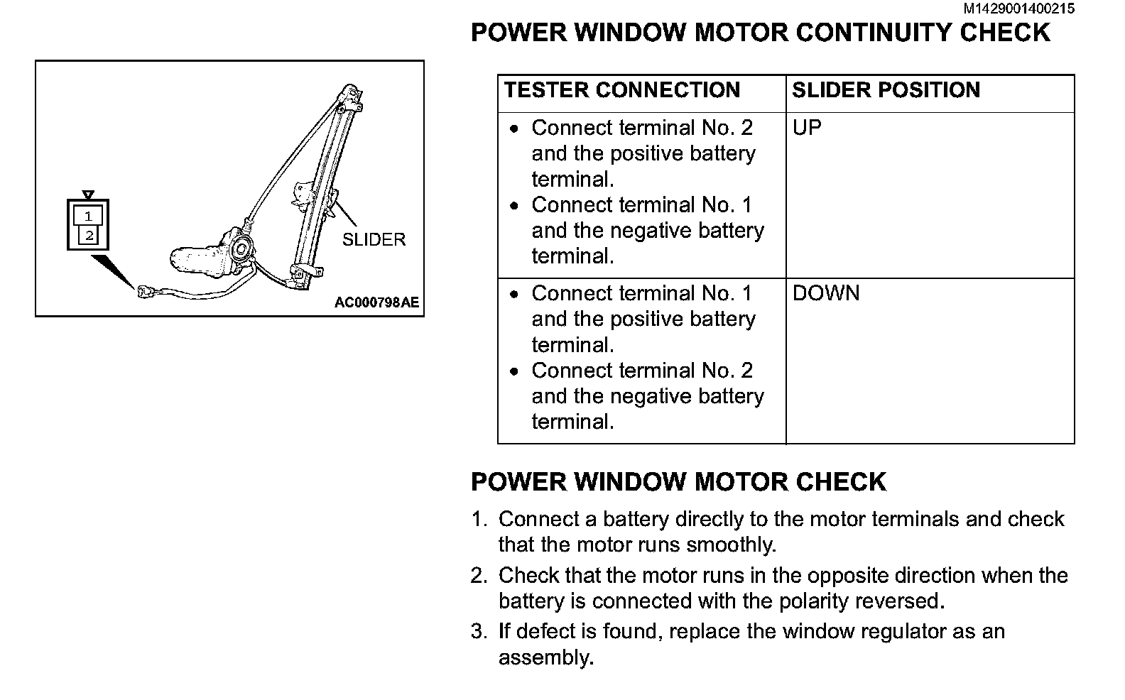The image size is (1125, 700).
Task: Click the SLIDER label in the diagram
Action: (374, 240)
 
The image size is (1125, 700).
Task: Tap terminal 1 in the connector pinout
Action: (88, 217)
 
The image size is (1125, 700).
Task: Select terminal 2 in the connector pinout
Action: (89, 235)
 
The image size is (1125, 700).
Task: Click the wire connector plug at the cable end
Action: (147, 290)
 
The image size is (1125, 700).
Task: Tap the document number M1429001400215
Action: (1019, 9)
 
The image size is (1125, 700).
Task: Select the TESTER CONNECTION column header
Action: (622, 90)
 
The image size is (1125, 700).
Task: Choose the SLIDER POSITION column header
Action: (886, 90)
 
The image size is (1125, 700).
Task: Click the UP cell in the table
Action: (807, 128)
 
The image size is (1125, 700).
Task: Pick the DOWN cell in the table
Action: (825, 293)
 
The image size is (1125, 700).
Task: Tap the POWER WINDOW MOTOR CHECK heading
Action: (678, 482)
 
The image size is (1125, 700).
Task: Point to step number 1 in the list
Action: (479, 520)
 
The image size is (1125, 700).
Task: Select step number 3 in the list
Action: (479, 632)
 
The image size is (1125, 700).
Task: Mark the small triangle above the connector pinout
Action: (88, 195)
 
